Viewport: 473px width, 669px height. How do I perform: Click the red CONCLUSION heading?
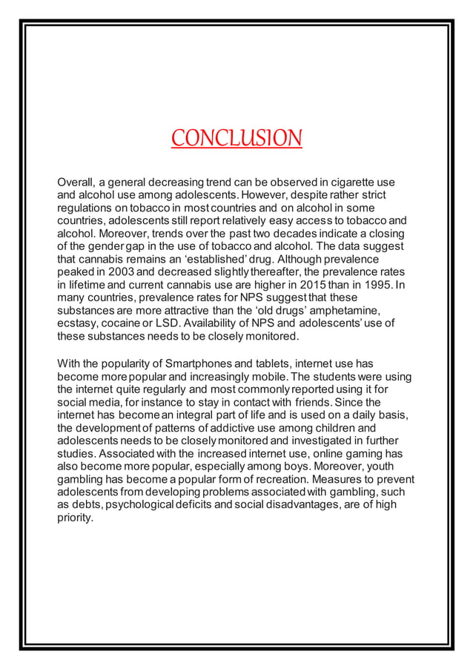[x=236, y=139]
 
